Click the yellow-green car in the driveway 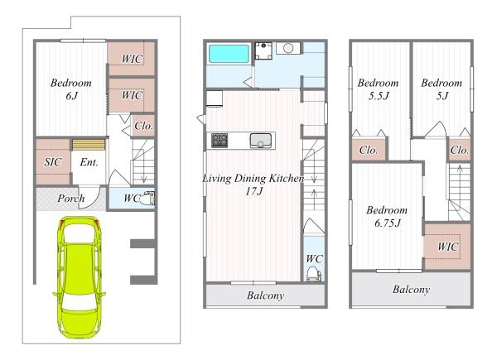pos(79,277)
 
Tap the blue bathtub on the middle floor pos(229,54)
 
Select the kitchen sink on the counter pos(261,141)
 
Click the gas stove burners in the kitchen pos(220,140)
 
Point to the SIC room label pos(53,162)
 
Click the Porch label pos(71,199)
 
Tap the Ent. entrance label pos(89,162)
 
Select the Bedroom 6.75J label pos(387,217)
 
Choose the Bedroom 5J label pos(442,89)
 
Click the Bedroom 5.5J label pos(379,89)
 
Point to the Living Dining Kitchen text pos(253,178)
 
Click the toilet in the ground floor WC pos(147,199)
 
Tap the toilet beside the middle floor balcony pos(314,274)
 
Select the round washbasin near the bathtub pos(288,49)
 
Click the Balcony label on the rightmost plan pos(411,290)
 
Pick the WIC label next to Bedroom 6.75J pos(448,247)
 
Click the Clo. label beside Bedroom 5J pos(459,150)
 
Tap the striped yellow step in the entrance pos(89,145)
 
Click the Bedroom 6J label pos(71,89)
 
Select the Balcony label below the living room pos(265,295)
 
